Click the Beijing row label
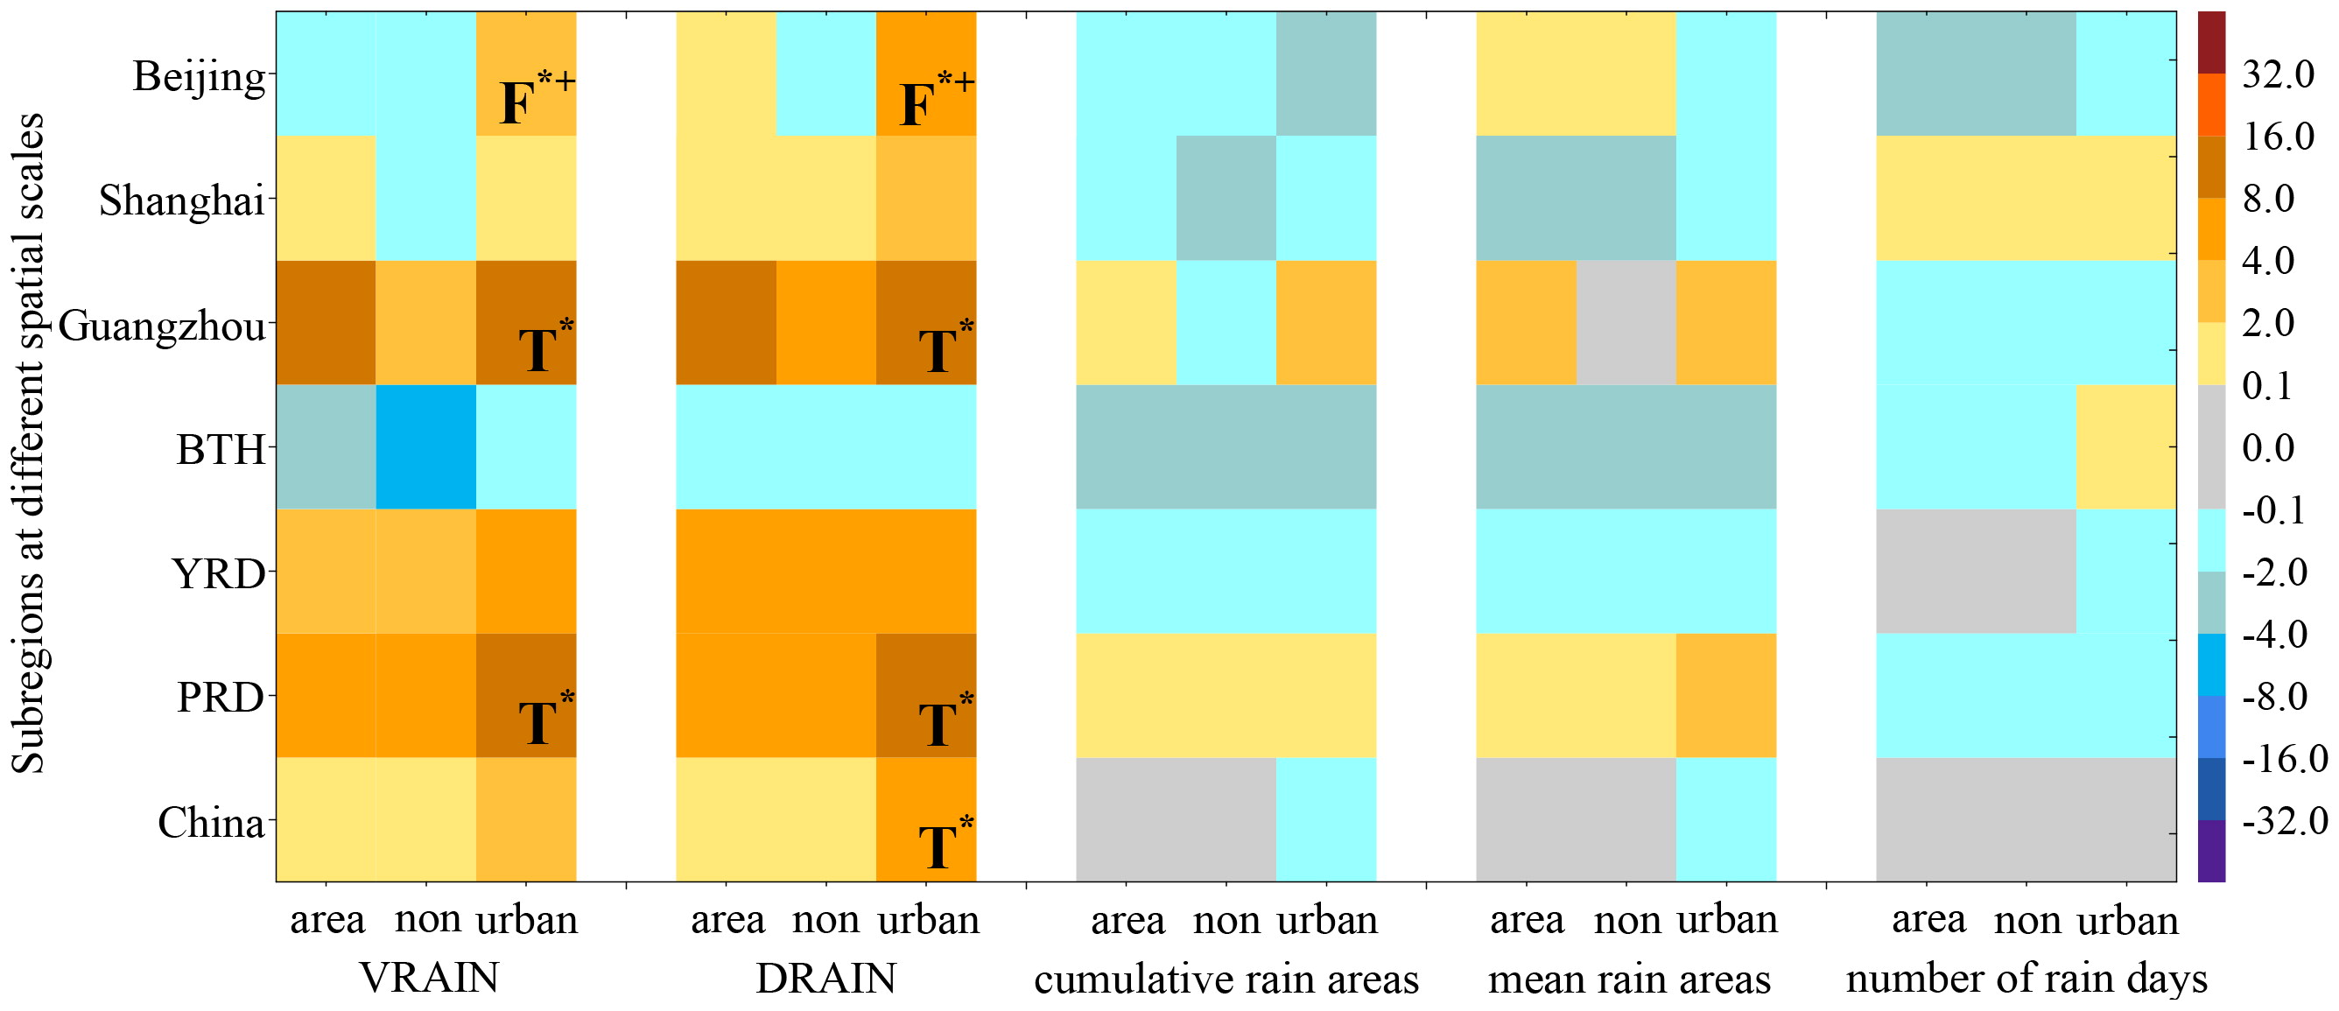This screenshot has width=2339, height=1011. pos(200,78)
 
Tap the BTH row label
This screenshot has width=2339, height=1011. pos(221,449)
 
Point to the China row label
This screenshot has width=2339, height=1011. pos(212,822)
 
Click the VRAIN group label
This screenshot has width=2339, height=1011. pos(430,979)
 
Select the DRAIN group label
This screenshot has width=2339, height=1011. pos(826,979)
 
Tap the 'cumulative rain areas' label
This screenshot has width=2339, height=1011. pos(1226,979)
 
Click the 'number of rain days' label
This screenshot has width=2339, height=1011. pos(2026,979)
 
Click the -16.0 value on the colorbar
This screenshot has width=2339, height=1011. pos(2284,759)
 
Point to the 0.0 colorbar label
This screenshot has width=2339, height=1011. pos(2268,447)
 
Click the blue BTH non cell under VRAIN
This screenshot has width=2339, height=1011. pos(425,447)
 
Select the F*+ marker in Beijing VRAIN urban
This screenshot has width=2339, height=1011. pos(537,98)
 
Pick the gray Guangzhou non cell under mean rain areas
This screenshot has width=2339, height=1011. pos(1626,323)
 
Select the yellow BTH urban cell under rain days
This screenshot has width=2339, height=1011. pos(2125,447)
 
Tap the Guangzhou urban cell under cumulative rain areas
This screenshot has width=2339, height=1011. pos(1325,323)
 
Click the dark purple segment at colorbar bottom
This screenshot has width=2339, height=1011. pos(2212,850)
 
